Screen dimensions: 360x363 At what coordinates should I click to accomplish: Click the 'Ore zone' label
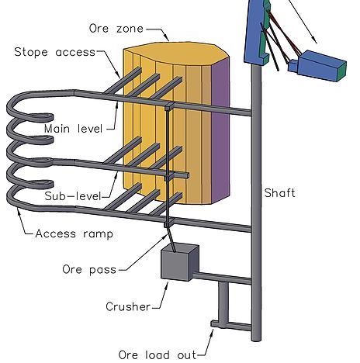tap(116, 28)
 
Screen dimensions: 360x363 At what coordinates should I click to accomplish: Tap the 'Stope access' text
tap(55, 52)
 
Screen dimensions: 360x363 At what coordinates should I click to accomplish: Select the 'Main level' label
tap(74, 129)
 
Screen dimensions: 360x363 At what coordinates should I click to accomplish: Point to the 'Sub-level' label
tap(73, 195)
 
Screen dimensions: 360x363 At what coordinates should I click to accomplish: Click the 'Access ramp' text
tap(74, 233)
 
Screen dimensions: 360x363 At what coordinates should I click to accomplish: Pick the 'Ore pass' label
tap(89, 270)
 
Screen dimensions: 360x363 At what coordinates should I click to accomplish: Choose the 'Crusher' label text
tap(128, 306)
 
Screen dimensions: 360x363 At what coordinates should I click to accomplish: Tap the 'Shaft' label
tap(279, 193)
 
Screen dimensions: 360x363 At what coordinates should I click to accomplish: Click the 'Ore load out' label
tap(157, 354)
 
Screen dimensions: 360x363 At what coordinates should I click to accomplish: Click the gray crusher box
tap(179, 262)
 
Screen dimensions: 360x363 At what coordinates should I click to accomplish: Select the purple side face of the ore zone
tap(220, 130)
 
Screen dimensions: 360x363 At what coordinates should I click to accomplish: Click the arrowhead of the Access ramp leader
tap(18, 211)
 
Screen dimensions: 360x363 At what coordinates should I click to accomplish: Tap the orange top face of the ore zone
tap(176, 53)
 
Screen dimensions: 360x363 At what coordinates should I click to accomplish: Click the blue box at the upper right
tap(319, 66)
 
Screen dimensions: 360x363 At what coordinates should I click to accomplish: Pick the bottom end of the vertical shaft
tap(256, 340)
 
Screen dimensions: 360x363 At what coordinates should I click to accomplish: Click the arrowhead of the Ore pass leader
tap(167, 237)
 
